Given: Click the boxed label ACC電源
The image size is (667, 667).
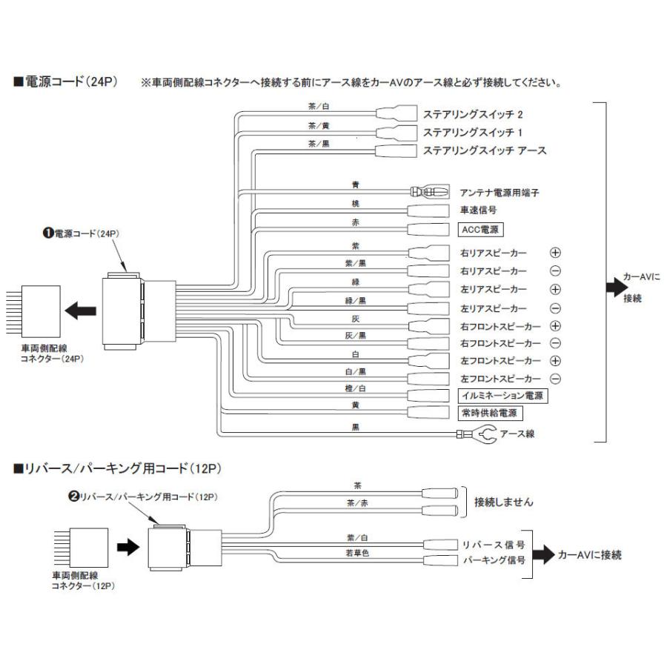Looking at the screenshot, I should point(479,228).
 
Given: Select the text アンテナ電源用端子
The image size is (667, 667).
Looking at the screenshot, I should point(500,193).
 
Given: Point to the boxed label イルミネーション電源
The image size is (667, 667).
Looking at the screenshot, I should point(502,396).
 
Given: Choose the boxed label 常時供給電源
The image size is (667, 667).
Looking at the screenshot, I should point(488,414).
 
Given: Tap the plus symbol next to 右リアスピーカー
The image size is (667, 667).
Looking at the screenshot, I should point(554,253).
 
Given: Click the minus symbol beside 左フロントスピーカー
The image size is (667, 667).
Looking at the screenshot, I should point(554,379).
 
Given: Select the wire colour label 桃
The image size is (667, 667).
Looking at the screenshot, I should point(355,203).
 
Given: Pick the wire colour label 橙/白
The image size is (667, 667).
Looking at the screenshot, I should point(356,388).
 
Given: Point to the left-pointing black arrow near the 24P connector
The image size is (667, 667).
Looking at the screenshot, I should point(80,311).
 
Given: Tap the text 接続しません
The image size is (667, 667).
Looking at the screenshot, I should point(503,502).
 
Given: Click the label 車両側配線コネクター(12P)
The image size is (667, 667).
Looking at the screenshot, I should point(82,580).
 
